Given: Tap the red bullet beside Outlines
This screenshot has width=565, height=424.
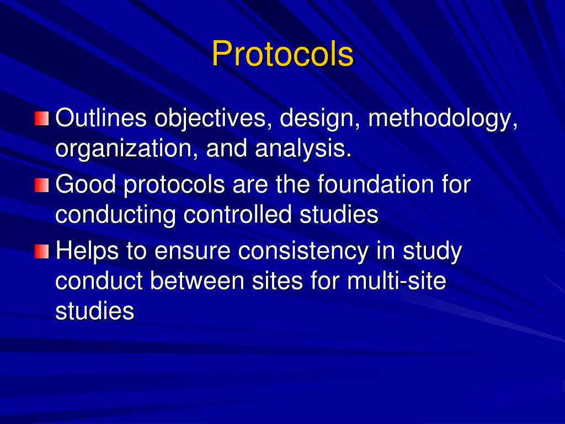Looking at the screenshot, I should click(41, 119).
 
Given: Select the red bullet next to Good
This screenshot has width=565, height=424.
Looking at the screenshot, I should click(41, 185).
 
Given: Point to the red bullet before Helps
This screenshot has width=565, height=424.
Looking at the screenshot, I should click(41, 252).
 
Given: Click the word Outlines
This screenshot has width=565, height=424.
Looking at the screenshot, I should click(101, 118).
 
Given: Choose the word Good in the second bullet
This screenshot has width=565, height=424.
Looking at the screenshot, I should click(86, 184).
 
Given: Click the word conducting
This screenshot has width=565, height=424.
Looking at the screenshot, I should click(116, 215).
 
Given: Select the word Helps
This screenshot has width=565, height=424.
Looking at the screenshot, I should click(87, 251).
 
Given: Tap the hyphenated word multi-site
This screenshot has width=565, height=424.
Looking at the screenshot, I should click(396, 282).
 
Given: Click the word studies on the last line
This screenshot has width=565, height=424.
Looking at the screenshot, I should click(95, 311).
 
